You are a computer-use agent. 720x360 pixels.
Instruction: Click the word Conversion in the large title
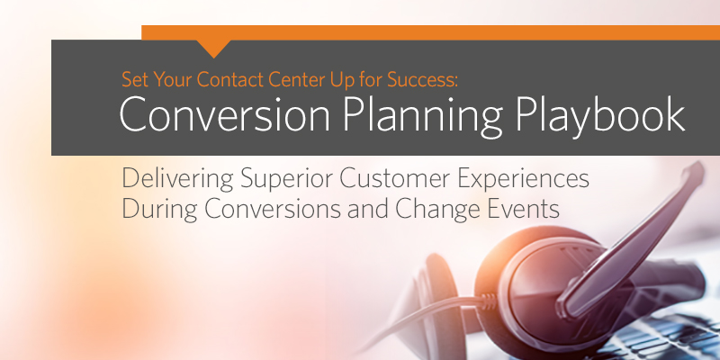coord(224,116)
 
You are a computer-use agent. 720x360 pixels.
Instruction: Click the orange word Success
coord(422,79)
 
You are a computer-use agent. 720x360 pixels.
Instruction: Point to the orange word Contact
coord(230,79)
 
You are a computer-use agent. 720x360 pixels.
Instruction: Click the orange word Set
coord(135,79)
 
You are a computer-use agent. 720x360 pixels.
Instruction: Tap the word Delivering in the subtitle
coord(177,179)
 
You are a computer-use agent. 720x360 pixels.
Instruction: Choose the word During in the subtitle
coord(159,210)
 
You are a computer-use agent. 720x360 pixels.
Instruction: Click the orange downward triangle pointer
coord(213,48)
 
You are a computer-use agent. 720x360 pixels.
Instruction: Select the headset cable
coord(422,317)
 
